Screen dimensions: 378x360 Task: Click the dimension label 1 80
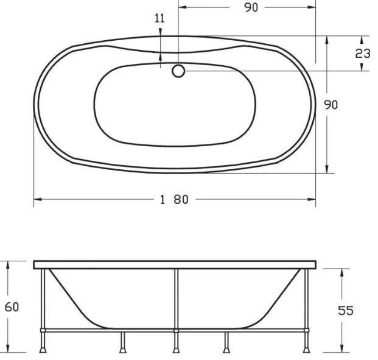click(174, 200)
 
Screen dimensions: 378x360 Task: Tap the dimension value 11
click(159, 18)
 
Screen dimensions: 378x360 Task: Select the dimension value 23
click(363, 54)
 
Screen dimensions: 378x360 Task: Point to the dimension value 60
click(12, 307)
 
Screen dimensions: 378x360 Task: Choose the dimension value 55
click(346, 311)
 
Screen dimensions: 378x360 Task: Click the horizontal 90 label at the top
click(251, 7)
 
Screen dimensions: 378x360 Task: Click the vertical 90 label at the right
click(331, 105)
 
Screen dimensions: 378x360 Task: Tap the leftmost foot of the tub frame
click(43, 350)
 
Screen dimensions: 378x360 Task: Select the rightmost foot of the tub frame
click(307, 350)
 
